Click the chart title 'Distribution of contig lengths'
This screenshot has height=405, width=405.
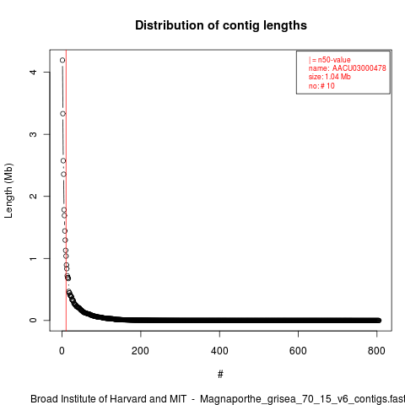coord(221,25)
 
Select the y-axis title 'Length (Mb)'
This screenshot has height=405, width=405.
coord(8,191)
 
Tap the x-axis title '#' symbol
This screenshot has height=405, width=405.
coord(220,374)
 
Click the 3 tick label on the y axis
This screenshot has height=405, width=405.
coord(33,134)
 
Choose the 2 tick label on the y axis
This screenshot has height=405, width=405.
coord(33,196)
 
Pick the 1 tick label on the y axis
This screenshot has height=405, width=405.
coord(33,258)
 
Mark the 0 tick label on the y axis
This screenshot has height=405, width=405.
coord(33,321)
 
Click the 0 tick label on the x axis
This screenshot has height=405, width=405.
coord(62,351)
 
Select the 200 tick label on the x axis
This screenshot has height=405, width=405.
coord(140,351)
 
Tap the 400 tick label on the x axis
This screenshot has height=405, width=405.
coord(219,351)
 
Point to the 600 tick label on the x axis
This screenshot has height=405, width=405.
coord(298,351)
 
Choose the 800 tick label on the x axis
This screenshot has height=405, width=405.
coord(376,351)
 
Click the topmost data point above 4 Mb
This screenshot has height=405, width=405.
coord(62,60)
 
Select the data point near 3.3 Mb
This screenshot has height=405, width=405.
coord(63,114)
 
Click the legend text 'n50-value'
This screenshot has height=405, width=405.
coord(334,60)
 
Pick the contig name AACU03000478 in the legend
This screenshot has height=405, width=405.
coord(359,68)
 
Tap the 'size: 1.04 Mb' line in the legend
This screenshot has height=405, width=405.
coord(330,77)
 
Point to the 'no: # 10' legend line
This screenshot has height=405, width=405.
coord(321,86)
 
